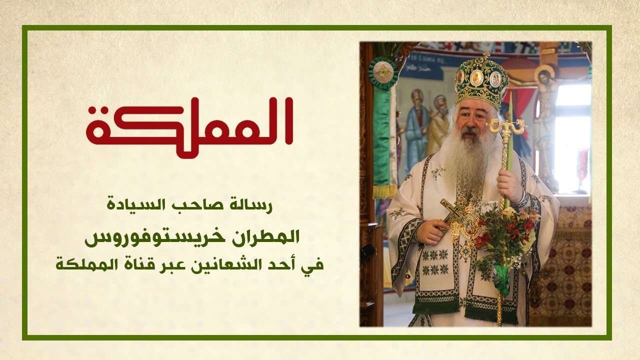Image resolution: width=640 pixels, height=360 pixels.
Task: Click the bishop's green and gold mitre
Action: (480, 82)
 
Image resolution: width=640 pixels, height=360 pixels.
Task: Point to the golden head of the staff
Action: (506, 127)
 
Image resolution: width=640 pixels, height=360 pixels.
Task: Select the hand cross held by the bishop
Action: (452, 212)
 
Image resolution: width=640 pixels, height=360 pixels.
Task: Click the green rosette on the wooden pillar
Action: (383, 73)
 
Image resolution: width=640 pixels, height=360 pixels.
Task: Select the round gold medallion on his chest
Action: (470, 225)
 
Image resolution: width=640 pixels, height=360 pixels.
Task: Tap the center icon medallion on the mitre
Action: (477, 77)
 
